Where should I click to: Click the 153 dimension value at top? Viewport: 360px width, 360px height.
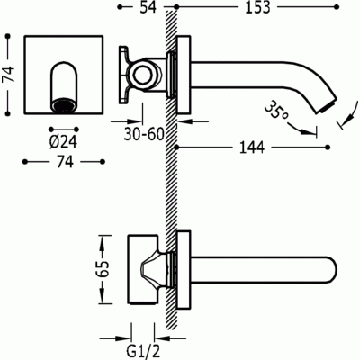257,13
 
